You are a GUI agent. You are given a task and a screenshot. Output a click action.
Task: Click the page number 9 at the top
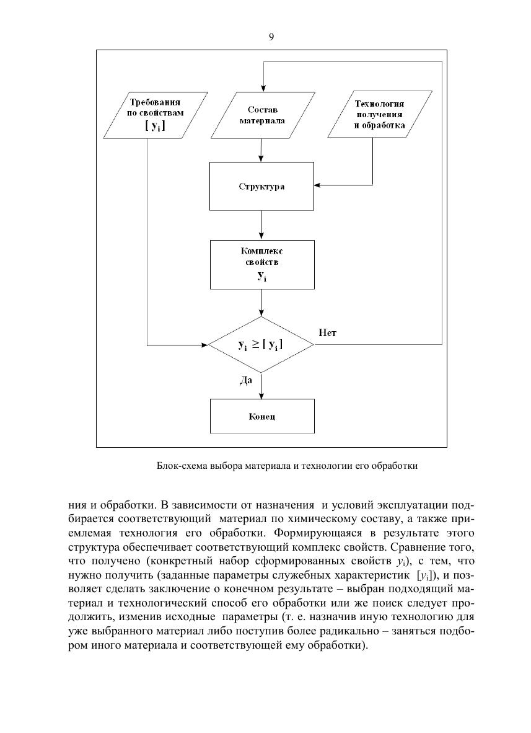coord(271,37)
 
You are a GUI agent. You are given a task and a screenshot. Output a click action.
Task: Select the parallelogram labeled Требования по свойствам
coord(156,115)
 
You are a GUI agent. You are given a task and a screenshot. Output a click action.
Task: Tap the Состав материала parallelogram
coord(262,115)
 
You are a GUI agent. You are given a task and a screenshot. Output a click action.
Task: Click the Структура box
coord(261,186)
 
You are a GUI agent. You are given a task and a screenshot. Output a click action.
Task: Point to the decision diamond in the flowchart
coord(261,344)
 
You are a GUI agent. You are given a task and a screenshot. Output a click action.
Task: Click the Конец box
coord(261,416)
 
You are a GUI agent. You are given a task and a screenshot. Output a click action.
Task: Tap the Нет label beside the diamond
coord(327,333)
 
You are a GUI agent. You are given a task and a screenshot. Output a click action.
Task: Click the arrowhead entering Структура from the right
coord(318,185)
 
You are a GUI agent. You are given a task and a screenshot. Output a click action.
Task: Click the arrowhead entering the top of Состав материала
coord(261,89)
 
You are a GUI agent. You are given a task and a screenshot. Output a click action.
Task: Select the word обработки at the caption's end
coord(397,465)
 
